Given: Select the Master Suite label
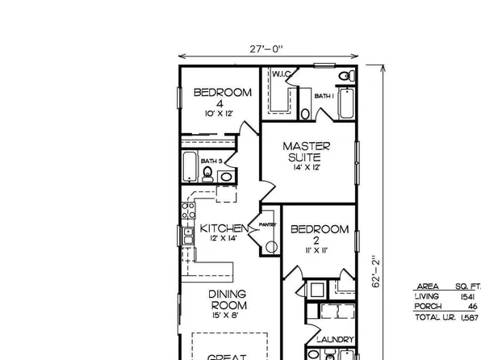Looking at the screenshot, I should [306, 151].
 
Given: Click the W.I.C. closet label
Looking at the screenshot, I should [281, 74].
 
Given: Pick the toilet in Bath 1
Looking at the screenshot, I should [345, 77].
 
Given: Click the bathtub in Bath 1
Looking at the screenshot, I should [346, 103].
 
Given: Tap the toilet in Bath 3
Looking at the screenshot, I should [207, 175].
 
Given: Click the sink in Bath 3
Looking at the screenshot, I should [227, 175].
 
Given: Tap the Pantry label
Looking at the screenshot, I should [268, 224].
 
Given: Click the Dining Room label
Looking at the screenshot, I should [228, 300].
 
